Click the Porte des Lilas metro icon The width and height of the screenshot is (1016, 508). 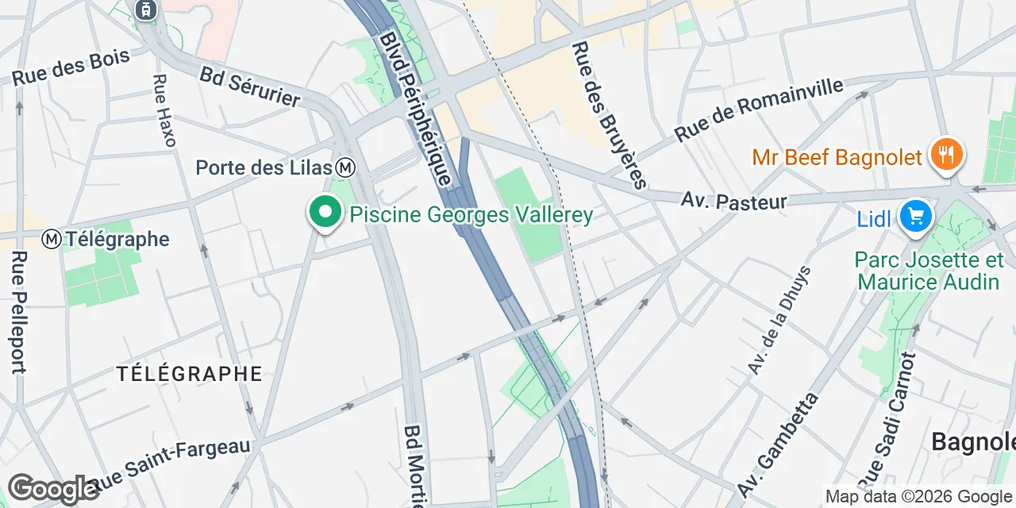(x=345, y=167)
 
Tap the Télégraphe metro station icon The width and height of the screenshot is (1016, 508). (x=52, y=238)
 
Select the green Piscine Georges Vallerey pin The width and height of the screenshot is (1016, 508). (x=325, y=213)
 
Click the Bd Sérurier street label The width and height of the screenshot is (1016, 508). (x=250, y=87)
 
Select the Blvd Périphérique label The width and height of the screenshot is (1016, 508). (x=414, y=109)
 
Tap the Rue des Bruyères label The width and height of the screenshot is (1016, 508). (x=609, y=116)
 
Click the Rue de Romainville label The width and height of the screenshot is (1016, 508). (x=759, y=110)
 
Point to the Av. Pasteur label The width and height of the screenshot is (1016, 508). (x=733, y=200)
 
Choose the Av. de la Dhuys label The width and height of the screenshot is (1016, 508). (x=779, y=321)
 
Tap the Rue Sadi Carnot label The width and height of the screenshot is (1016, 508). (x=887, y=417)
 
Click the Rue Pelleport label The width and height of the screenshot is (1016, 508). (x=19, y=312)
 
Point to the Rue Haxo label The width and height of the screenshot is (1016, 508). (x=164, y=110)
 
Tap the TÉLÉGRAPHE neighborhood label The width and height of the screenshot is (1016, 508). (x=189, y=373)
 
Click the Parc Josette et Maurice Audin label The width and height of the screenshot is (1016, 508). (x=929, y=271)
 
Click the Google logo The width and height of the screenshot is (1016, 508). (x=53, y=489)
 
